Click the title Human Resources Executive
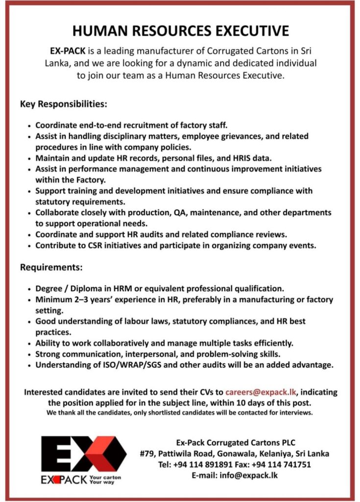pyautogui.click(x=180, y=31)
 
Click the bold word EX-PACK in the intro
pyautogui.click(x=66, y=50)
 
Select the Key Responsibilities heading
pyautogui.click(x=63, y=104)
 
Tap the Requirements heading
pyautogui.click(x=51, y=268)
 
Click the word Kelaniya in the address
pyautogui.click(x=278, y=453)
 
